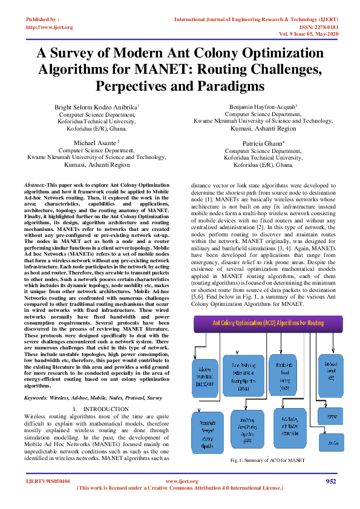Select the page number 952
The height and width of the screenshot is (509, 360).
click(330, 481)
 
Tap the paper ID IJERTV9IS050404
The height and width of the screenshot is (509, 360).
click(48, 481)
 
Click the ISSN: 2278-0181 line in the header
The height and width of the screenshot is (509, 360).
click(316, 27)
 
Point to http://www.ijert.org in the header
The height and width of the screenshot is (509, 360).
click(50, 27)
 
